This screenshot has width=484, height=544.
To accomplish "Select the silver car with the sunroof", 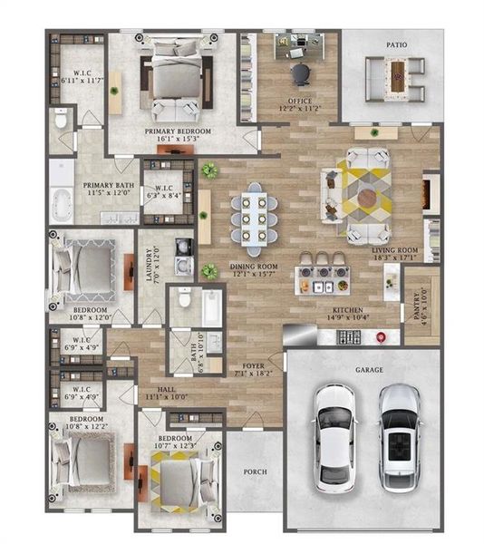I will tap(397, 434).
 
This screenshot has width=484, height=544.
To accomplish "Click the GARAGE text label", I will tap(368, 371).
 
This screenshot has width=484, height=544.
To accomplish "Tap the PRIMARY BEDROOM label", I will tap(179, 132).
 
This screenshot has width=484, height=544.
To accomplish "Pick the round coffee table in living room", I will tap(368, 196).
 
